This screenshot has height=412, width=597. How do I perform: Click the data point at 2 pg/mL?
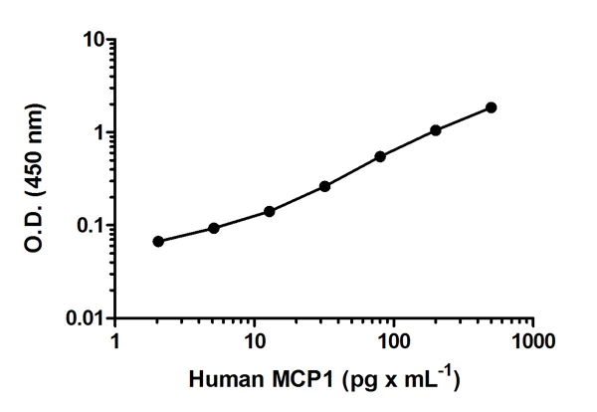(x=158, y=241)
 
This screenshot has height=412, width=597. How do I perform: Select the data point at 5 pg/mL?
(x=214, y=228)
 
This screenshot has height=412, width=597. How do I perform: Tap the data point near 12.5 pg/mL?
(x=270, y=211)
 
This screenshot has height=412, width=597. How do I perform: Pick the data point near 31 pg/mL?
(x=325, y=186)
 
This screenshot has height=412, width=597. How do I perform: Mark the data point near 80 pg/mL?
(x=380, y=156)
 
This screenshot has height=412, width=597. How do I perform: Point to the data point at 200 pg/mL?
(x=436, y=130)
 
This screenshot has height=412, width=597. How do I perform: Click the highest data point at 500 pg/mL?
(x=492, y=107)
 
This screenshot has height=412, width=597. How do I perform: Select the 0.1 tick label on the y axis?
(x=88, y=226)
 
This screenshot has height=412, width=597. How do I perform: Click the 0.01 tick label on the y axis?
(x=83, y=318)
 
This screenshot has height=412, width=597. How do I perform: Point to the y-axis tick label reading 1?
(x=99, y=133)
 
